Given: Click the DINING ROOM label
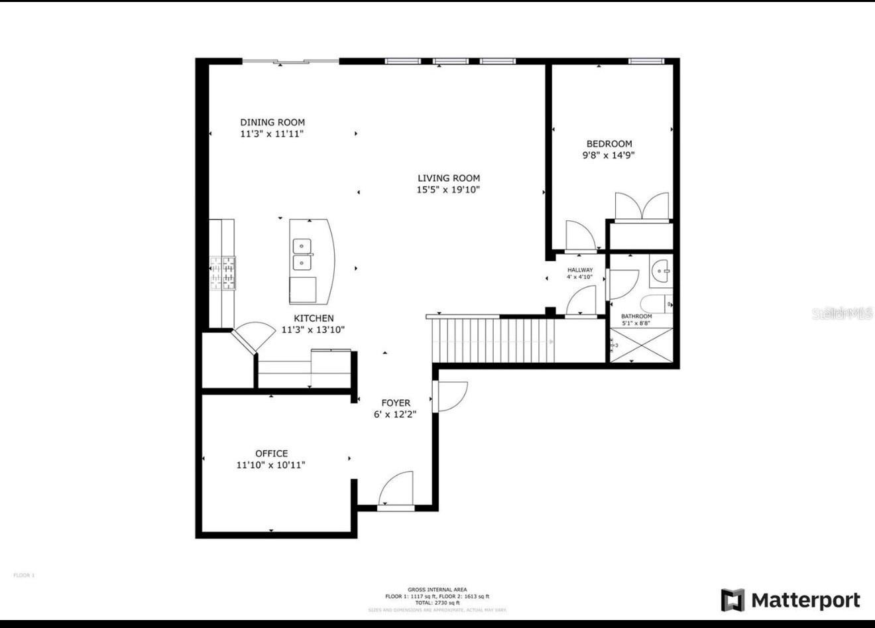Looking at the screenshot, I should pos(272,122).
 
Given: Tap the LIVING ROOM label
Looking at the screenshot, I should pos(448,178).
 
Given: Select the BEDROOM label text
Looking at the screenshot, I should pos(609,143).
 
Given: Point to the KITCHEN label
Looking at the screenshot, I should pos(314,318).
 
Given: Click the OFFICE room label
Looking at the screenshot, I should pos(271,454).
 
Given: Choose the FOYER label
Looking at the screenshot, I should pos(395,403).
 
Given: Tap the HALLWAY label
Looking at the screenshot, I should pos(579,270).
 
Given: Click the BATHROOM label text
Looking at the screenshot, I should pos(636,316).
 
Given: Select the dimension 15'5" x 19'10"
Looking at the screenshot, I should pos(448,190).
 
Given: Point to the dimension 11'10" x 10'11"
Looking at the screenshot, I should pos(270,466).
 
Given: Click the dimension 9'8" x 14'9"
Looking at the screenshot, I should pos(609,155).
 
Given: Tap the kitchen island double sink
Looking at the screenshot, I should pos(302,255).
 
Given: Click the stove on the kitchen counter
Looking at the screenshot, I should pos(222,273).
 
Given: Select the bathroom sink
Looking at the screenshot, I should pos(660,271).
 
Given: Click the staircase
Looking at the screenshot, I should pos(494,340).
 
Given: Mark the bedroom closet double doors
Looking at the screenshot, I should pos(641,206).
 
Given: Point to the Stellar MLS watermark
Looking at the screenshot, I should pos(842,314).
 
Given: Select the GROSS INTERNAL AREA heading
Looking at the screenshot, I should pos(437,590).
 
